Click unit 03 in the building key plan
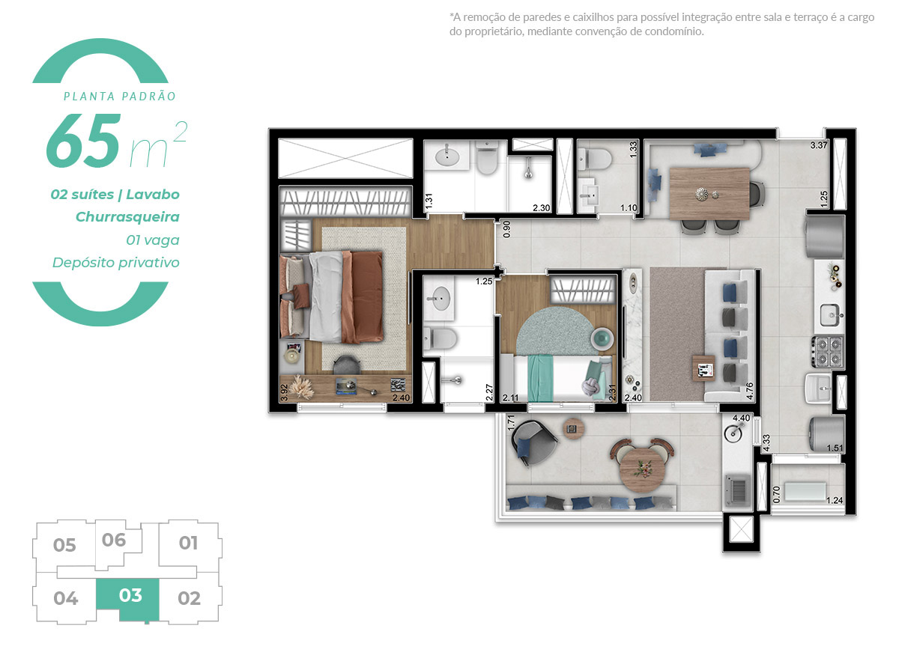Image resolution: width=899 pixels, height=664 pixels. tap(130, 595)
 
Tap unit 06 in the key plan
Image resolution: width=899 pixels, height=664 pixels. tap(113, 540)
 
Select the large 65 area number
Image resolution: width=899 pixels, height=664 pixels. tap(83, 141)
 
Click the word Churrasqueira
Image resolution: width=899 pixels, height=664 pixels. tap(127, 217)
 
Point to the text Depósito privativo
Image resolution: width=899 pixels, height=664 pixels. tap(116, 263)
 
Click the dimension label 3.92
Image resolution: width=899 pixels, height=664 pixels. tap(285, 392)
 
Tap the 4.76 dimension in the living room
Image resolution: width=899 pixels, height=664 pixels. tap(750, 391)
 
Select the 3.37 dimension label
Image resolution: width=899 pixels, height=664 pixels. tap(819, 145)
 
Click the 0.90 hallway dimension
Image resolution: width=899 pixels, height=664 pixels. tap(506, 229)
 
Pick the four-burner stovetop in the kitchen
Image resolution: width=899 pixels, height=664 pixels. tap(829, 351)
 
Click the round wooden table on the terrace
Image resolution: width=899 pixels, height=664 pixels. tap(643, 470)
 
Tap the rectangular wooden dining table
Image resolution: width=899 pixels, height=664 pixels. tap(709, 194)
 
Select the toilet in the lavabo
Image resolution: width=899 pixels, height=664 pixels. tap(596, 159)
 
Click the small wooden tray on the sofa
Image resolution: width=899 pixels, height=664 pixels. tap(704, 368)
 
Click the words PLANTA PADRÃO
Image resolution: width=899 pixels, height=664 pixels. tap(120, 97)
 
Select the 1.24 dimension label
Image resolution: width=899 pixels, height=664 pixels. tap(835, 500)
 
